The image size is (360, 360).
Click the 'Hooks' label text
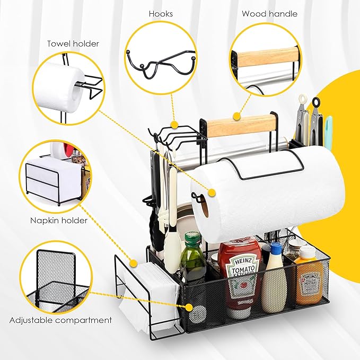point(161,14)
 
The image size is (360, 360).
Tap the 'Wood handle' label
point(269,14)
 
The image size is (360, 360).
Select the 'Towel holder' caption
point(73,43)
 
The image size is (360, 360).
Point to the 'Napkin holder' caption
point(59,221)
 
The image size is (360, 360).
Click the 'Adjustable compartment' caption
point(60,320)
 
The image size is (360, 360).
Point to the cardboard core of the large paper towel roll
point(204,206)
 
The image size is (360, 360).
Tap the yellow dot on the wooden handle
point(236,116)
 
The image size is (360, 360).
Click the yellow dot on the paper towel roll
point(212,192)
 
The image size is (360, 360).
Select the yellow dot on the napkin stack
point(134,263)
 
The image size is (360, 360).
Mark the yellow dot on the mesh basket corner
point(189,307)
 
